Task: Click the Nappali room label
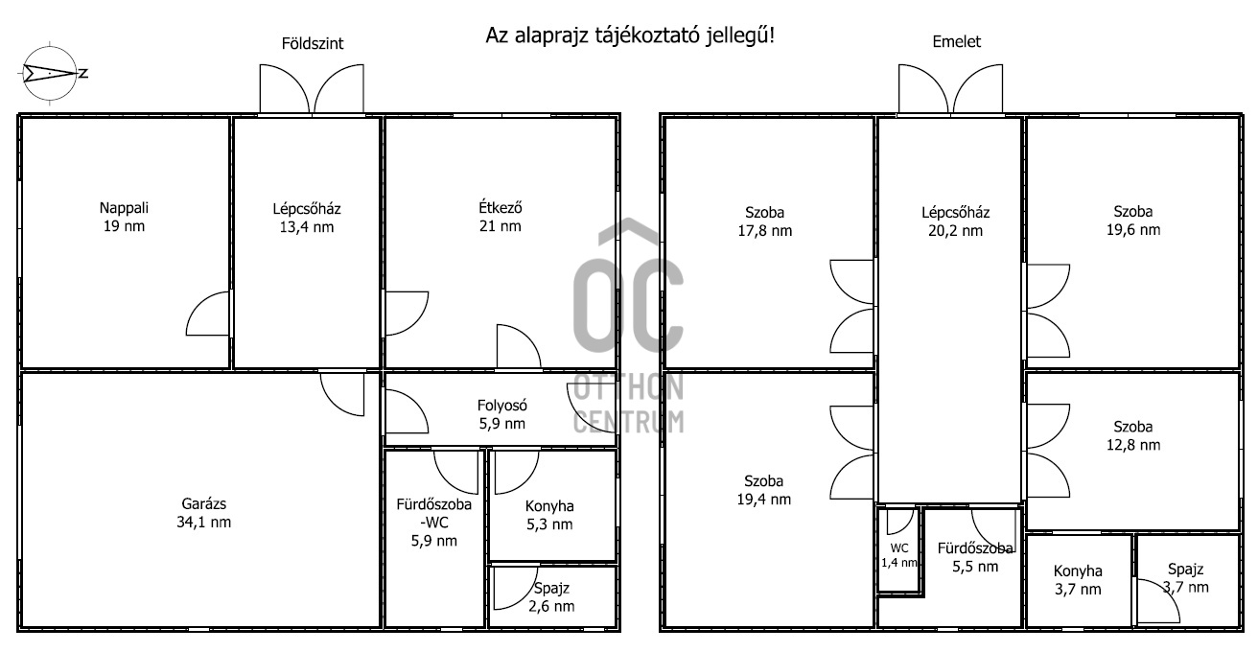[x=124, y=217]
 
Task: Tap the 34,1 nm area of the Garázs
[x=204, y=523]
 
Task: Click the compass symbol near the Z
[x=50, y=73]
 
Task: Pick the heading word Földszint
[x=313, y=43]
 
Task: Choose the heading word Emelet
[x=956, y=41]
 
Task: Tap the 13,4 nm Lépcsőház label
[x=307, y=218]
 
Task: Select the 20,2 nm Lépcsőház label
[x=955, y=221]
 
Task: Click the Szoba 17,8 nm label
[x=765, y=221]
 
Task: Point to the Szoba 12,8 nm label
[x=1133, y=435]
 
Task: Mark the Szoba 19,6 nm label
[x=1133, y=221]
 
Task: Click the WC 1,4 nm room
[x=899, y=555]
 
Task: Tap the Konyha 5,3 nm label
[x=549, y=515]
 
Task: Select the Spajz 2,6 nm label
[x=551, y=597]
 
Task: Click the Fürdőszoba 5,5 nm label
[x=975, y=557]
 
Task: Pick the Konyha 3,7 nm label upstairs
[x=1078, y=580]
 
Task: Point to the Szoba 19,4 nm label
[x=764, y=490]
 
